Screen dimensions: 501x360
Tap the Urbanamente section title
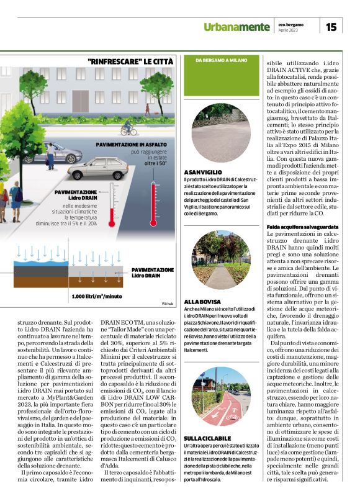pos(236,27)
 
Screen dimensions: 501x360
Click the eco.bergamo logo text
pos(292,24)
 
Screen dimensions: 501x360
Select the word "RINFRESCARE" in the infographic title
pos(113,62)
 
